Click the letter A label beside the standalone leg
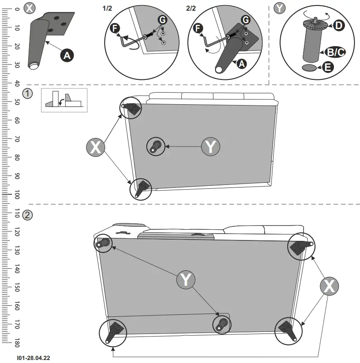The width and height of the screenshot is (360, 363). pyautogui.click(x=67, y=54)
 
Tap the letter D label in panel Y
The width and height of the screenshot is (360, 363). pyautogui.click(x=338, y=26)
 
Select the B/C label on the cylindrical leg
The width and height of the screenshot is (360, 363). pyautogui.click(x=335, y=52)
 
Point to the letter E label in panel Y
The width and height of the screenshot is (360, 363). pyautogui.click(x=328, y=67)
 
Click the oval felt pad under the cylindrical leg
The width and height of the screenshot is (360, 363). pyautogui.click(x=310, y=67)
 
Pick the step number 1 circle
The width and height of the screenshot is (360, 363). pyautogui.click(x=27, y=94)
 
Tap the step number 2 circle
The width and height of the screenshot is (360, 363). pyautogui.click(x=27, y=215)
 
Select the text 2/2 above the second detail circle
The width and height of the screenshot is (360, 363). pyautogui.click(x=192, y=8)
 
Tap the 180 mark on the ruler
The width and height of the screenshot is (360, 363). pyautogui.click(x=16, y=343)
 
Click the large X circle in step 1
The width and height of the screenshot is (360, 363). pyautogui.click(x=96, y=147)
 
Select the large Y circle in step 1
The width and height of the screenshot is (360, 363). pyautogui.click(x=211, y=147)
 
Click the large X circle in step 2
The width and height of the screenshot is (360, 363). pyautogui.click(x=329, y=286)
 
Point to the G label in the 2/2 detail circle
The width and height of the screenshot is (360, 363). pyautogui.click(x=245, y=20)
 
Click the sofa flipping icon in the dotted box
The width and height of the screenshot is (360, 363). pyautogui.click(x=64, y=101)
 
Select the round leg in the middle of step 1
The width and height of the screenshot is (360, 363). pyautogui.click(x=154, y=146)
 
